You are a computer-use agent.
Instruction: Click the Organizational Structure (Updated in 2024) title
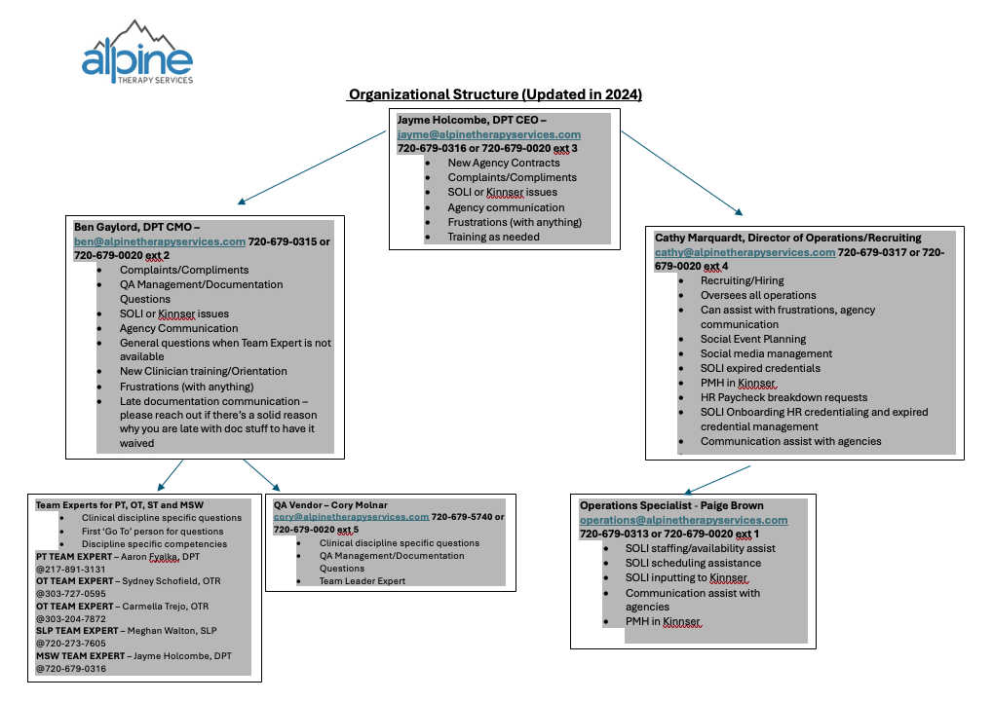[495, 94]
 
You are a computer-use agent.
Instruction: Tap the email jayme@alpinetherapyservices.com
[488, 134]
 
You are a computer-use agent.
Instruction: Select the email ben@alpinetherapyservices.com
[159, 241]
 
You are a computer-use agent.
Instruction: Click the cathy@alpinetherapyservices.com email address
[745, 252]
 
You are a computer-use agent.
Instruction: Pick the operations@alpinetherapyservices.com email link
[683, 520]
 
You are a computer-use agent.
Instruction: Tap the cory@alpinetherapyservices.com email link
[351, 517]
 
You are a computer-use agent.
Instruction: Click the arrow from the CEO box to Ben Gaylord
[312, 166]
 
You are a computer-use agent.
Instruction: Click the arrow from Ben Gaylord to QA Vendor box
[260, 474]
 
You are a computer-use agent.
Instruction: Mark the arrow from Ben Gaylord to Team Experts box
[171, 474]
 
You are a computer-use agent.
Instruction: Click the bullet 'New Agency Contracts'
[504, 164]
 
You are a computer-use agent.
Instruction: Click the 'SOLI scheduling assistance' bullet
[693, 563]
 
